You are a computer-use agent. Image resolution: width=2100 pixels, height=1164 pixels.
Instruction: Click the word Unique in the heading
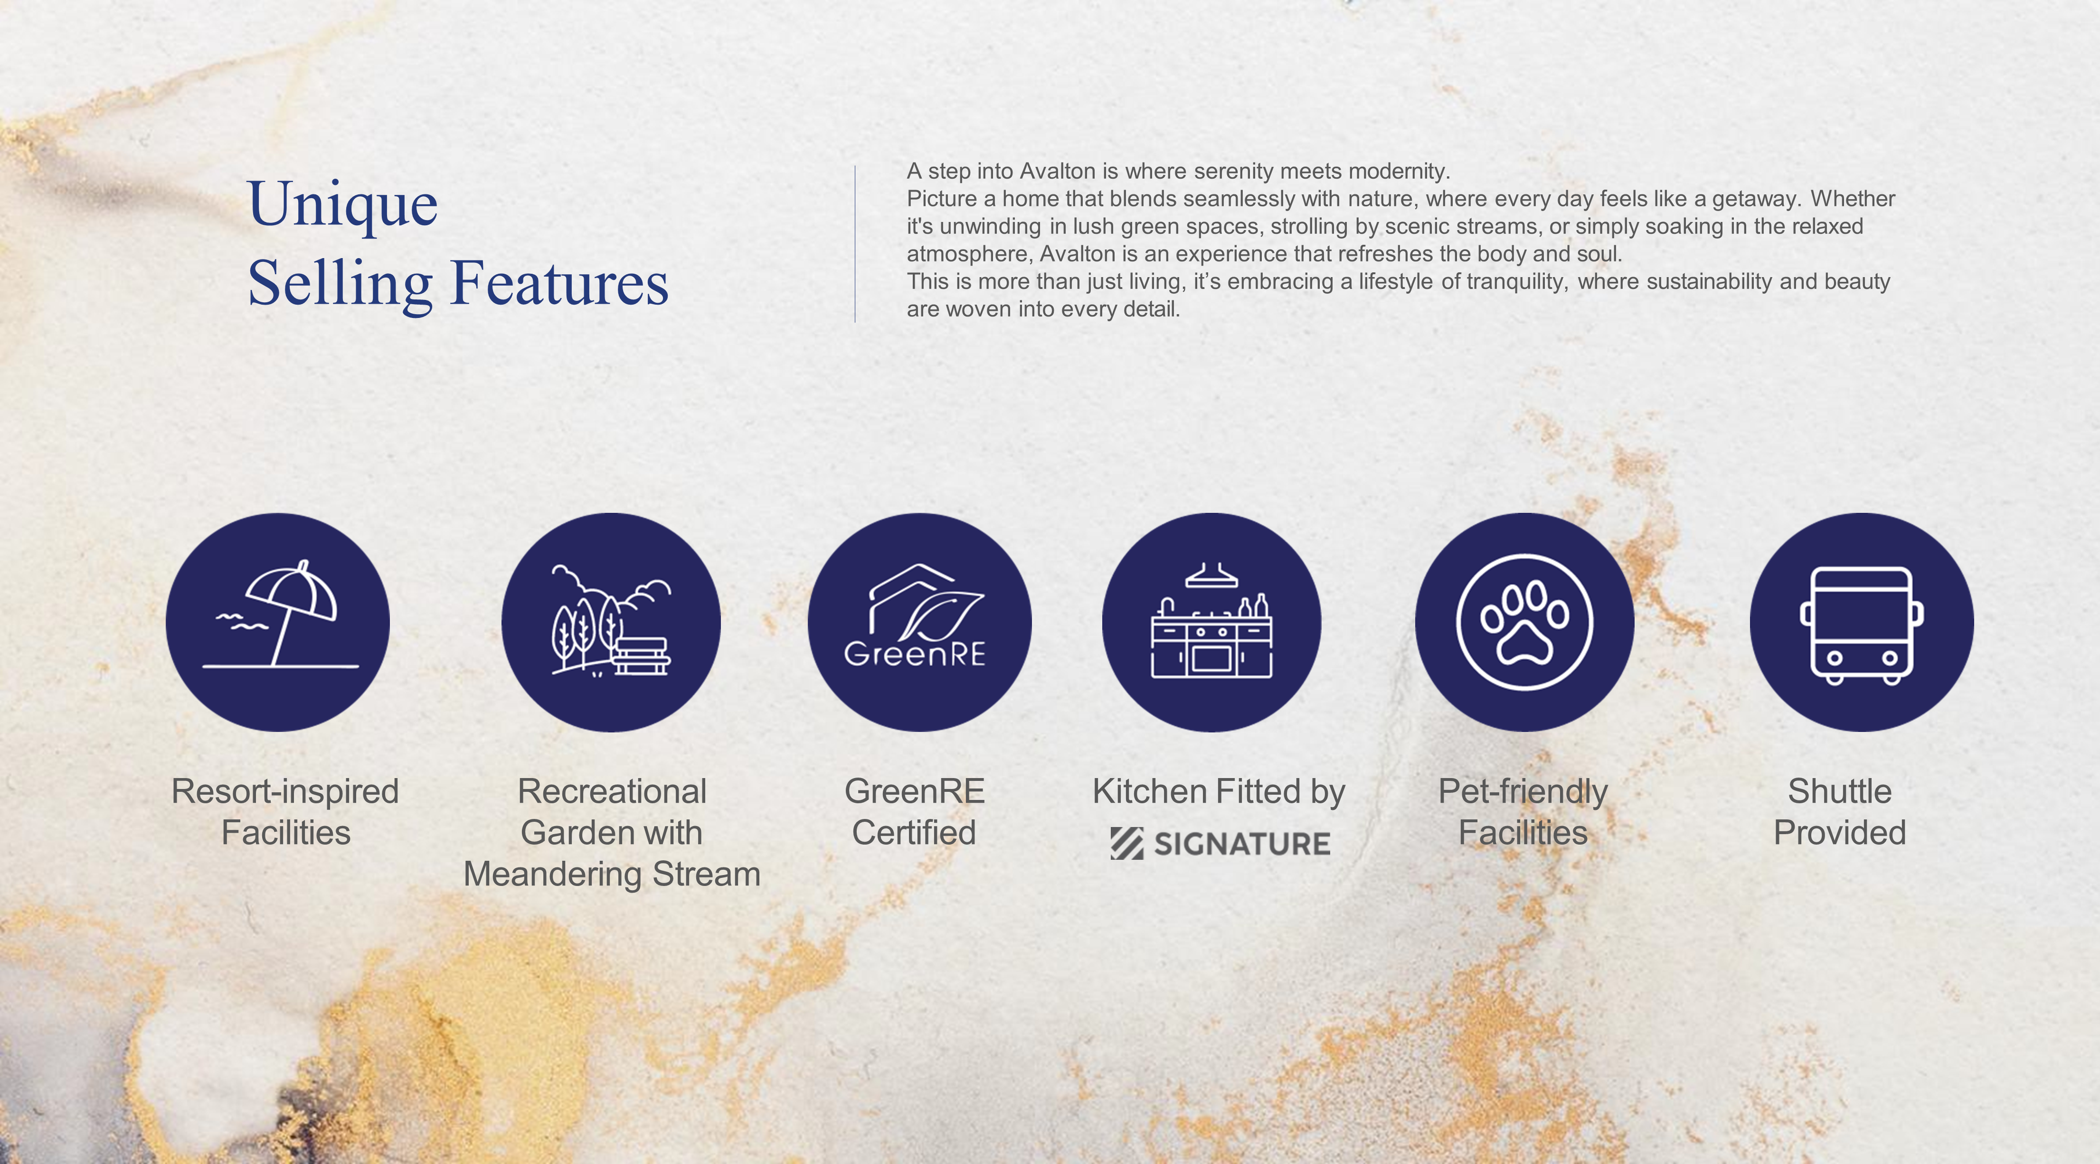tap(342, 205)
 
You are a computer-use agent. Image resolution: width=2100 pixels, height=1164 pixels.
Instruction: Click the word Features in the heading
tap(559, 283)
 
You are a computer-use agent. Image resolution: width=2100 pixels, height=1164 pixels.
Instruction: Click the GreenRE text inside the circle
tap(915, 654)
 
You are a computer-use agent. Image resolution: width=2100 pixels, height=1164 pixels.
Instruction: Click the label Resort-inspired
tap(285, 791)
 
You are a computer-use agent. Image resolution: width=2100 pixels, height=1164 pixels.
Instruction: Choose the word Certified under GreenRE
tap(914, 833)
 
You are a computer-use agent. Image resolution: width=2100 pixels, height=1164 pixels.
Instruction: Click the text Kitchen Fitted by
tap(1219, 792)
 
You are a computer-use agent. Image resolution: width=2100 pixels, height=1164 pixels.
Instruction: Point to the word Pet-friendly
tap(1523, 792)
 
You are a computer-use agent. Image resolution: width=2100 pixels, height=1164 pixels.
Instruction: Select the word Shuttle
tap(1840, 791)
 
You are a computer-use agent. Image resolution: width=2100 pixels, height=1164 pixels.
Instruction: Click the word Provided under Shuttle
tap(1840, 833)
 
